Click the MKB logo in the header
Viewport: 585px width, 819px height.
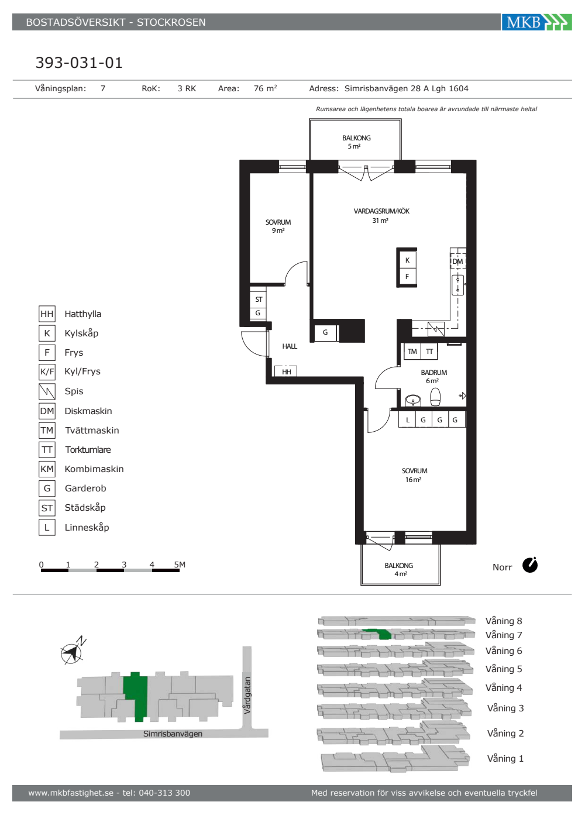point(536,22)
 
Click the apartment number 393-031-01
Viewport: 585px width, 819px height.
point(79,63)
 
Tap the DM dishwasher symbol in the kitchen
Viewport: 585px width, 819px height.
point(457,261)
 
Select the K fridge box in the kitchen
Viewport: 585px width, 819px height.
point(407,260)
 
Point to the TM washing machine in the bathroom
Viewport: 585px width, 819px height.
point(412,352)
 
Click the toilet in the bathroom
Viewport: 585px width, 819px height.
point(435,397)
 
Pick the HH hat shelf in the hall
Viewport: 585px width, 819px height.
point(286,371)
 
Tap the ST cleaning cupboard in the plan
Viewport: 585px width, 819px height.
point(258,299)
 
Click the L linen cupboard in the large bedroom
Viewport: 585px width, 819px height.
point(407,420)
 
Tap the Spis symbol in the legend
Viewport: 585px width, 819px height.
point(47,391)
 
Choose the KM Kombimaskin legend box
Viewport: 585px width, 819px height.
point(47,469)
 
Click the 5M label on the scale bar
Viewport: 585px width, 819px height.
point(180,565)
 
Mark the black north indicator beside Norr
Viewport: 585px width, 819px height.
point(530,565)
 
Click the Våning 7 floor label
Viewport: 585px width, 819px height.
point(504,635)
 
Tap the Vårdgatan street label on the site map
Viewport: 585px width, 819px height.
point(247,696)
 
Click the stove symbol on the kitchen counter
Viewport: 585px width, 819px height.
point(436,329)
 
